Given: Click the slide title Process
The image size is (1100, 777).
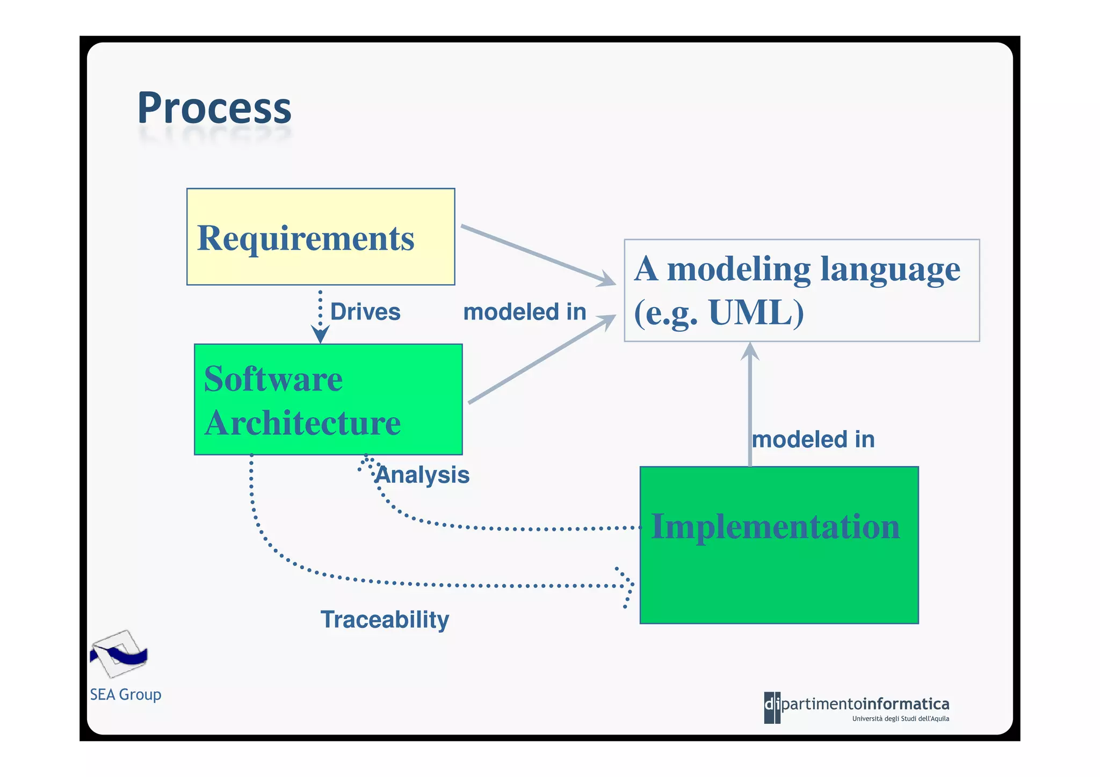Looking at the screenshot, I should pyautogui.click(x=214, y=108).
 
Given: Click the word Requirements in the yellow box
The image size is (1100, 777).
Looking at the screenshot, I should pyautogui.click(x=306, y=238).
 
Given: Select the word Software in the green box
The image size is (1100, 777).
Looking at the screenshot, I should pyautogui.click(x=273, y=379).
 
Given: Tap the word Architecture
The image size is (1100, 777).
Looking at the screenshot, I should pyautogui.click(x=302, y=423).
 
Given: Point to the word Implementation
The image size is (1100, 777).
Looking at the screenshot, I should pyautogui.click(x=775, y=526).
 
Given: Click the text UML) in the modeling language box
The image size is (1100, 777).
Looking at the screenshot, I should pyautogui.click(x=756, y=312).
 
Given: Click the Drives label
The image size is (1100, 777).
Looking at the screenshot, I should pyautogui.click(x=365, y=312).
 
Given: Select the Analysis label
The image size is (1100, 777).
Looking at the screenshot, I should pyautogui.click(x=422, y=475).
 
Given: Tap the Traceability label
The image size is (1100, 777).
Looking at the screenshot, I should pyautogui.click(x=385, y=620).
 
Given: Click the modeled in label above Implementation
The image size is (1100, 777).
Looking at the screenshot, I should pyautogui.click(x=813, y=440).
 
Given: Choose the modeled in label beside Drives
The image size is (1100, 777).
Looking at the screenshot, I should pyautogui.click(x=524, y=312).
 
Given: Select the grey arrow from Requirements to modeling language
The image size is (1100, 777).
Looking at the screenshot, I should pyautogui.click(x=537, y=255).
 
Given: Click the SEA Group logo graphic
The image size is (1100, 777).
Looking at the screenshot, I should pyautogui.click(x=119, y=654).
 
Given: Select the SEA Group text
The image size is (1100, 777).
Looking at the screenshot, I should pyautogui.click(x=126, y=694).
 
